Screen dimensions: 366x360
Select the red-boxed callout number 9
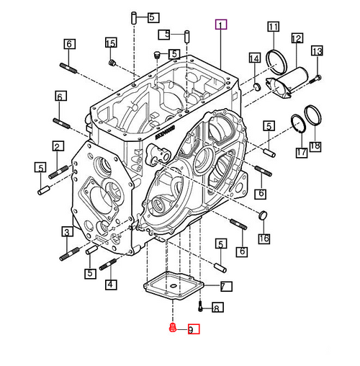point(193,330)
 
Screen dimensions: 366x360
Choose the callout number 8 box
point(215,309)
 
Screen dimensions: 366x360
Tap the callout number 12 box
point(297,38)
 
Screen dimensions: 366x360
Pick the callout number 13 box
point(318,50)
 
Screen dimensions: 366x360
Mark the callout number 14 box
point(254,58)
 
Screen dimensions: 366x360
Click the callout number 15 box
point(111,43)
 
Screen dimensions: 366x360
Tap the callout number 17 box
point(300,153)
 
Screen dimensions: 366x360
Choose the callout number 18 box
point(315,147)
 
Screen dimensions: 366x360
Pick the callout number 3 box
point(66,231)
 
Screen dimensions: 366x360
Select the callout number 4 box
point(110,285)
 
